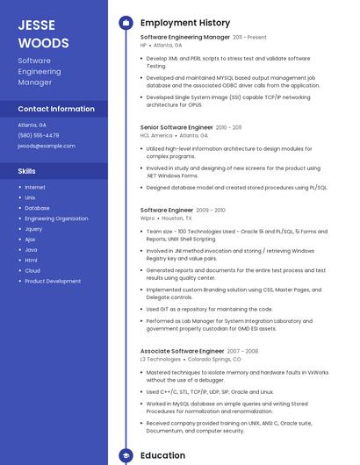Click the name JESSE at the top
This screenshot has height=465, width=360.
point(36,25)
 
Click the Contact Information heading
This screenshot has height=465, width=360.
point(56,109)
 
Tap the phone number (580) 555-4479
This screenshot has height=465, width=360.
point(39,135)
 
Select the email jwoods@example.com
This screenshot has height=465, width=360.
point(47,146)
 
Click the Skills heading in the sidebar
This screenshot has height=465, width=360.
point(27,171)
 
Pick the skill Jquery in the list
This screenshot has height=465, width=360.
point(33,229)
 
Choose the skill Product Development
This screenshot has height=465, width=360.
point(53,281)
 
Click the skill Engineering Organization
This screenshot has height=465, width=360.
point(56,218)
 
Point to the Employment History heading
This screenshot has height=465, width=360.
point(185,23)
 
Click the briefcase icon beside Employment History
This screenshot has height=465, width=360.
point(126,23)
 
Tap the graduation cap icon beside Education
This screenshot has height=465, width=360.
point(126,455)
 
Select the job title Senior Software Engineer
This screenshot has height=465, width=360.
point(176,127)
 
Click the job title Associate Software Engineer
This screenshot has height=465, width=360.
point(182,351)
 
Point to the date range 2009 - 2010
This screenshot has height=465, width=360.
point(211,211)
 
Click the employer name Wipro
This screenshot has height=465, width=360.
point(148,218)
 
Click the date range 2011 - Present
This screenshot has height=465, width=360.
point(249,38)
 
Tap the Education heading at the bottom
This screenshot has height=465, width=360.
point(162,455)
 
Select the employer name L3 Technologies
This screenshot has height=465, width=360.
point(160,359)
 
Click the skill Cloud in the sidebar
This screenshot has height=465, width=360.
point(32,270)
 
